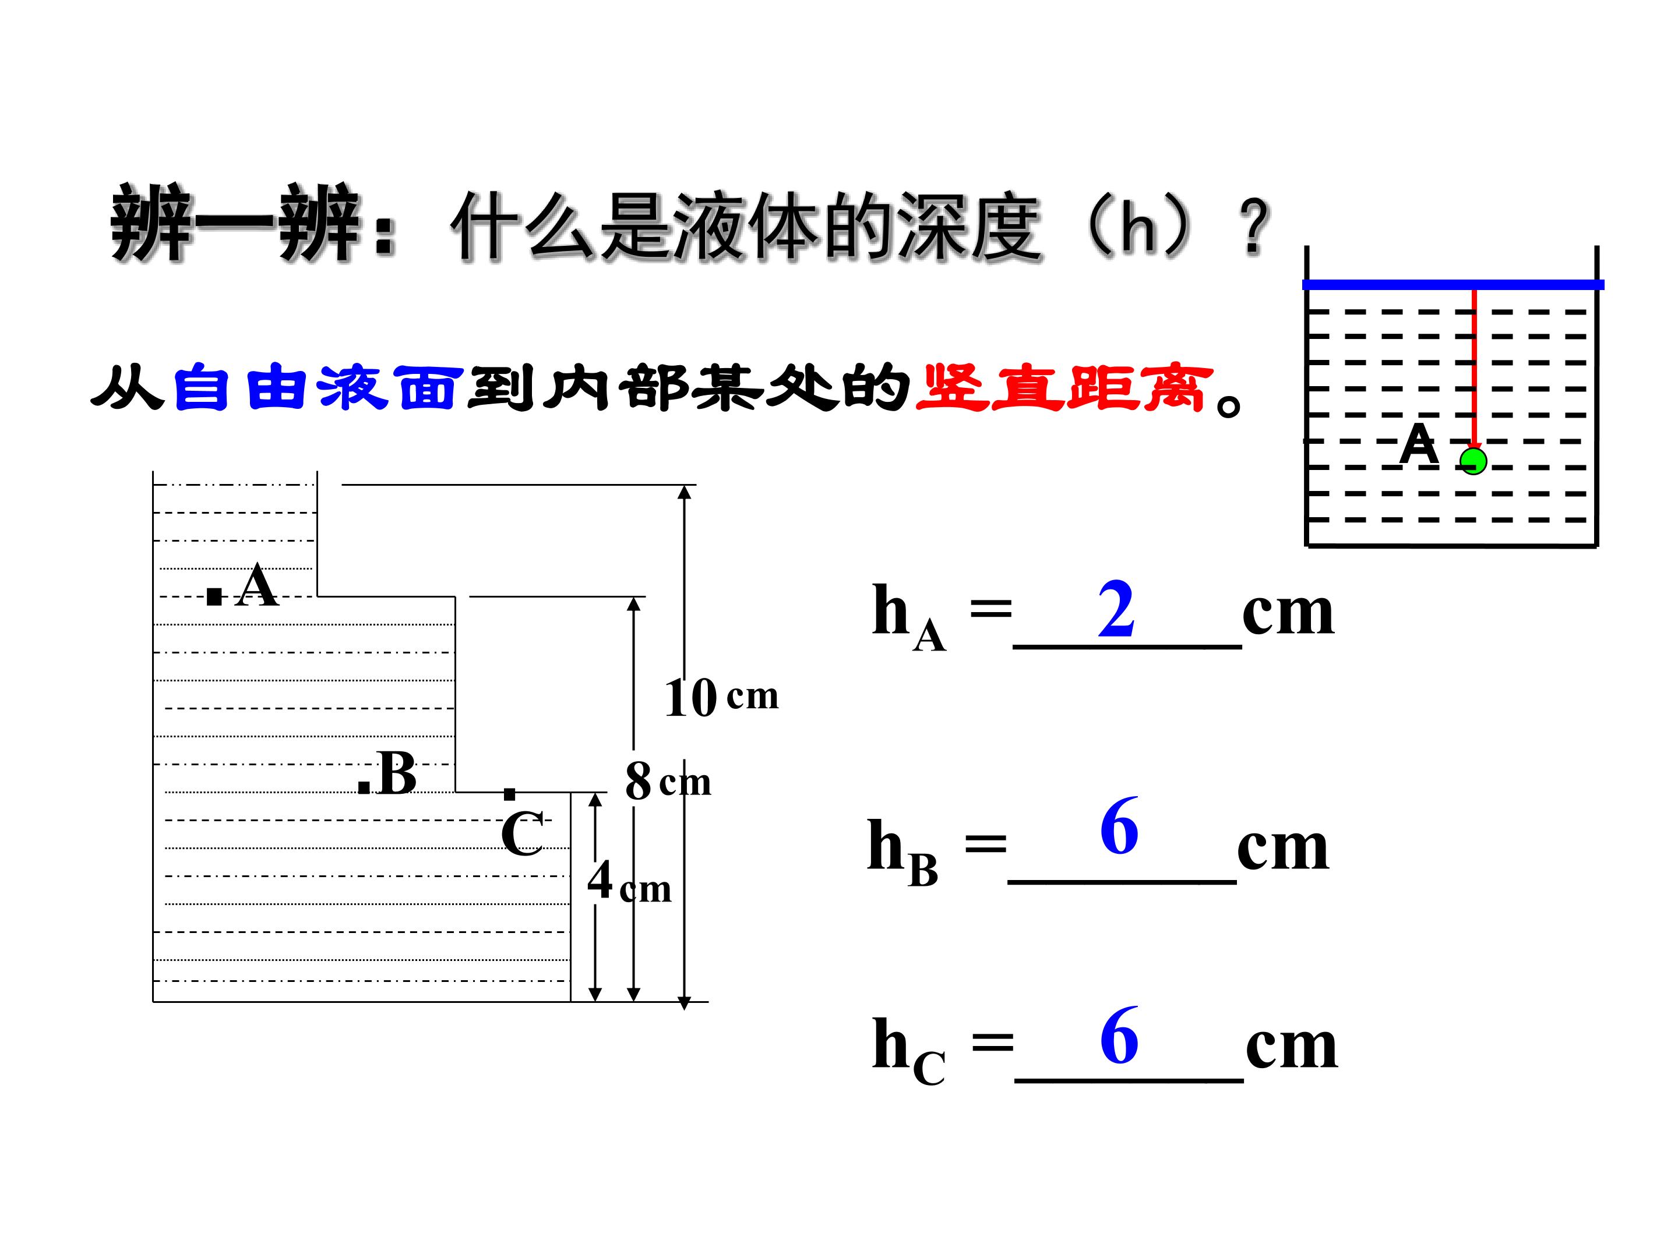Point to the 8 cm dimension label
(668, 781)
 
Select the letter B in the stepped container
(397, 773)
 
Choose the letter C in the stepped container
(522, 833)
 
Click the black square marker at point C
(510, 794)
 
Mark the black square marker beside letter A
(214, 597)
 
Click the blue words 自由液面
(319, 388)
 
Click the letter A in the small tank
(1419, 444)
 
